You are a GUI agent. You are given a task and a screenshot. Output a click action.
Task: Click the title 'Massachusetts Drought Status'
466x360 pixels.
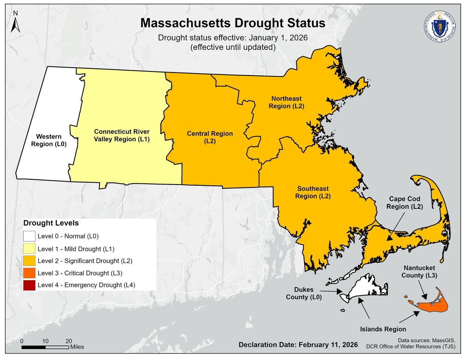click(233, 23)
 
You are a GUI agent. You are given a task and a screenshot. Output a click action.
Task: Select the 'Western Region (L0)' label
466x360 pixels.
click(49, 140)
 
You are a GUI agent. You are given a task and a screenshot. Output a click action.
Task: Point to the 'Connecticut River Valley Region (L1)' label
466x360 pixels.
click(122, 135)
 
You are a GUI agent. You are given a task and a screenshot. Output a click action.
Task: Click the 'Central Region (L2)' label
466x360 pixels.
click(210, 137)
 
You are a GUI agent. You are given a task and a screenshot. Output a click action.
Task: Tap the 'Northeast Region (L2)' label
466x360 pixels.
click(286, 102)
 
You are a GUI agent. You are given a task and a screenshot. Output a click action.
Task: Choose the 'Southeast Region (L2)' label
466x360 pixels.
click(313, 192)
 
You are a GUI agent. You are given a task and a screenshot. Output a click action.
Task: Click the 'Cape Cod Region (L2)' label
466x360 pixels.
click(404, 203)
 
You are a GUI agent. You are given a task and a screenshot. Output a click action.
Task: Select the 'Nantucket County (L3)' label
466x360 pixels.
click(419, 271)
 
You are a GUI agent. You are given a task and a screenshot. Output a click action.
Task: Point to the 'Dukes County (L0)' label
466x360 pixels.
click(304, 293)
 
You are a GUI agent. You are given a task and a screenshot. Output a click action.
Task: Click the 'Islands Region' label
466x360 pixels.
click(383, 329)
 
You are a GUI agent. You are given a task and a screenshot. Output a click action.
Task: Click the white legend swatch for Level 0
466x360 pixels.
click(29, 236)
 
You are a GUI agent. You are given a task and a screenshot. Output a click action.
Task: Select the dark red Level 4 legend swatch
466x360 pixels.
click(29, 285)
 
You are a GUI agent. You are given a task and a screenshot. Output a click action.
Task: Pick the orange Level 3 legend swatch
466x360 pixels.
click(29, 273)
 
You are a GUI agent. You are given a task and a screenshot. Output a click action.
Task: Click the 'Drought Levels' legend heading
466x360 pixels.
click(51, 223)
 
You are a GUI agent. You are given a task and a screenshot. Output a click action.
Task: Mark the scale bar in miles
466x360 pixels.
click(45, 347)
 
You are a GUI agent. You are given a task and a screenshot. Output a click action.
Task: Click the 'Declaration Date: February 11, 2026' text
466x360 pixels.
click(298, 345)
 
